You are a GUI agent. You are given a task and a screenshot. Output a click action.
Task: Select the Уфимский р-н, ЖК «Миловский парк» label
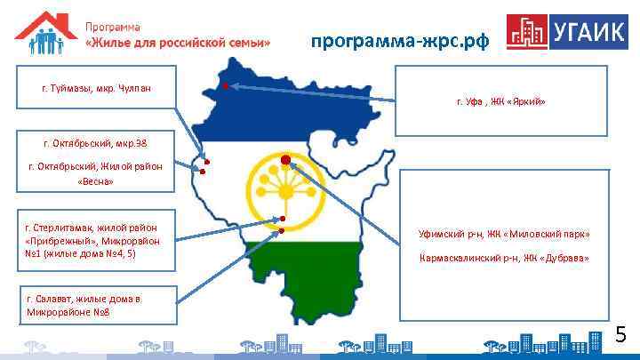point(504,235)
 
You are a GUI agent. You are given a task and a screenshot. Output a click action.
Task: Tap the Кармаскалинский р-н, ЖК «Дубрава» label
point(504,259)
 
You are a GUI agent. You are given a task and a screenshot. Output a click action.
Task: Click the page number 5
point(621,335)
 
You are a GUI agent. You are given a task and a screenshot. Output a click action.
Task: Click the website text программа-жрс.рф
point(399,41)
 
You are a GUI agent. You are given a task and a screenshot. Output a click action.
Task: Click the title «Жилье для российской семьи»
point(177,43)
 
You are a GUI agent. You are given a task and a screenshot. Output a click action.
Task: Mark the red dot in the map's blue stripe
point(226,86)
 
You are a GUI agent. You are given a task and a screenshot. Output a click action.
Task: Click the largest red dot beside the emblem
point(285,160)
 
